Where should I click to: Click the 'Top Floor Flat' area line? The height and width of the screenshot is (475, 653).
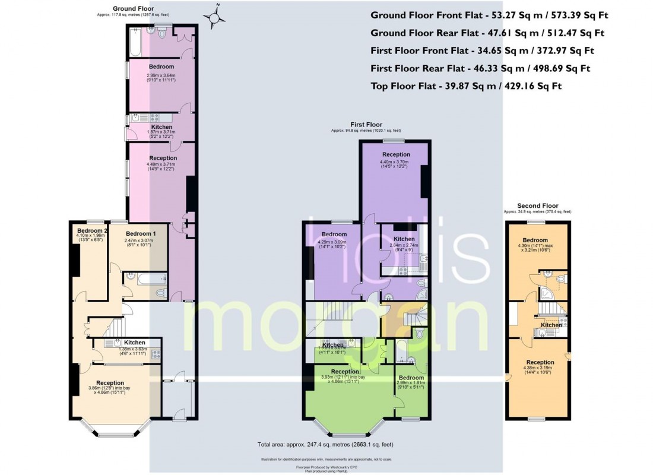tap(466, 86)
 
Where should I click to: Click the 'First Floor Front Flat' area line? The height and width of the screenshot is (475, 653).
tap(482, 50)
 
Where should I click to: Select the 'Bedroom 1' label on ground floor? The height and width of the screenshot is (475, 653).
tap(141, 234)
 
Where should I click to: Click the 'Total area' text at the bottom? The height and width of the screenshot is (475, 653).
tap(325, 444)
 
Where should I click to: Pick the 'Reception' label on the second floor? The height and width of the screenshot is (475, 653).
tap(540, 362)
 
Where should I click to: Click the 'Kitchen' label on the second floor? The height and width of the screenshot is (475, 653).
tap(551, 325)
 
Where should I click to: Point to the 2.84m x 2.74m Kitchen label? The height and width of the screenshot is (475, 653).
tap(404, 239)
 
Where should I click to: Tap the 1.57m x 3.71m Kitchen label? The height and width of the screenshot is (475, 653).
tap(161, 127)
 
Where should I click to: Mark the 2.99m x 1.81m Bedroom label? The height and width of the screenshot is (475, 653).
tap(411, 378)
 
